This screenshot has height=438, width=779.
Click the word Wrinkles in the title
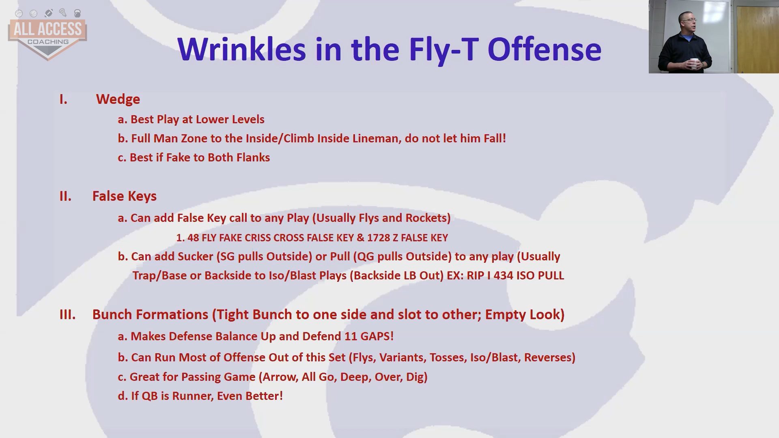click(x=241, y=49)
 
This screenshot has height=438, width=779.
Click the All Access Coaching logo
click(x=47, y=34)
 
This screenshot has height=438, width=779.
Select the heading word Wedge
click(x=118, y=99)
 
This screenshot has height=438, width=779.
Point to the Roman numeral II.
click(x=65, y=196)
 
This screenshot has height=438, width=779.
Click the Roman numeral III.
click(x=67, y=315)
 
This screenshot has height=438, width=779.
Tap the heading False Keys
click(x=125, y=196)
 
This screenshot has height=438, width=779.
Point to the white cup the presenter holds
click(x=695, y=64)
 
